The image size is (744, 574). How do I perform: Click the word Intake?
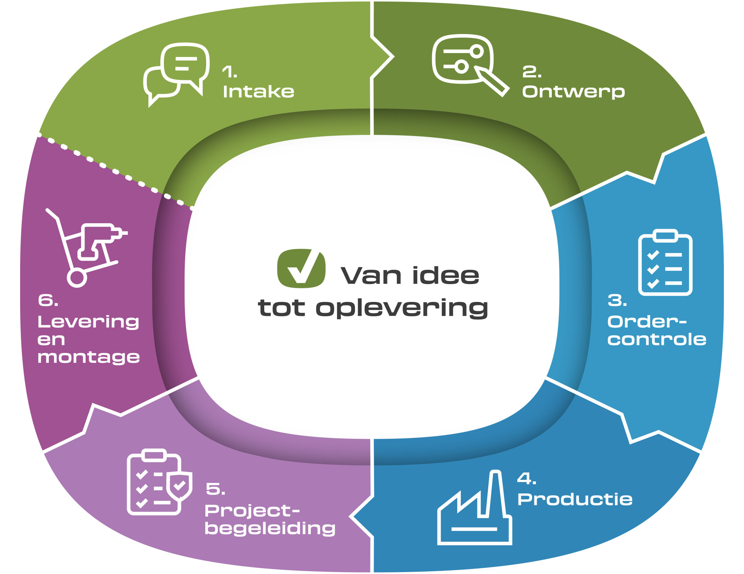point(258,92)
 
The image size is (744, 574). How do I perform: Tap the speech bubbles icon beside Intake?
point(177,74)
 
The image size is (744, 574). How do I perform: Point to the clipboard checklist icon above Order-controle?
point(665,262)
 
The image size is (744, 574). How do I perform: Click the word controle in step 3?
point(657,340)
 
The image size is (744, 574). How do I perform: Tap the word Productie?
point(575,499)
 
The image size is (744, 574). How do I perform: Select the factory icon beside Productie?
point(475,507)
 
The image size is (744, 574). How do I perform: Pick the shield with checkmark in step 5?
point(179,486)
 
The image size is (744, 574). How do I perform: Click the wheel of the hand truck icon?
point(77,278)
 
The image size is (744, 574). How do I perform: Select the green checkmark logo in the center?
point(301,268)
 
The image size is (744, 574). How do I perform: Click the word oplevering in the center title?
point(402,309)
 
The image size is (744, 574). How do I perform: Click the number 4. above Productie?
point(527,479)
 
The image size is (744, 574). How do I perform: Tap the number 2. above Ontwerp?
point(532,72)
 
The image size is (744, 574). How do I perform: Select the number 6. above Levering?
point(48,300)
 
